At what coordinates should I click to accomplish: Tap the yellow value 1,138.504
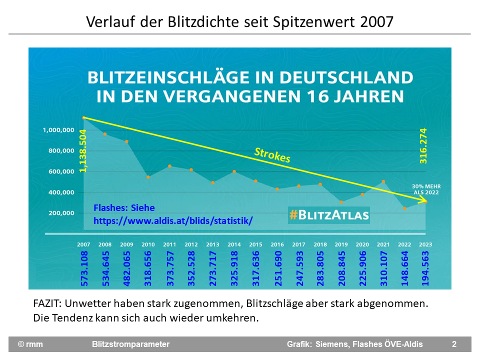83,150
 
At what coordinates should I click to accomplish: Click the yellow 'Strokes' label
272,155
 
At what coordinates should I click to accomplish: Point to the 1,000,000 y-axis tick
58,130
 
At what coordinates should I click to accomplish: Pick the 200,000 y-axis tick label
60,213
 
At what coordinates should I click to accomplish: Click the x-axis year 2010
148,244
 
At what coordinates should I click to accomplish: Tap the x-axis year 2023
425,244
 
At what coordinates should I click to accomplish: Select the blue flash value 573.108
84,268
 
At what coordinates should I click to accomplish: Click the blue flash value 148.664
404,268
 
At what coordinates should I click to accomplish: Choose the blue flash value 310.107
383,268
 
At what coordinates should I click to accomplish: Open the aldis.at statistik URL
173,220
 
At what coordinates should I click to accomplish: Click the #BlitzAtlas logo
328,215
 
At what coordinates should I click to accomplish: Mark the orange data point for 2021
383,182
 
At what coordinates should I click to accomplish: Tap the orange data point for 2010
148,177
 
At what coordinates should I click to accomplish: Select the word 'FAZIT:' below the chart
46,303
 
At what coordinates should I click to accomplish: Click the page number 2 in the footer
454,344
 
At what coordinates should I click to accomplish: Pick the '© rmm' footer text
30,344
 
